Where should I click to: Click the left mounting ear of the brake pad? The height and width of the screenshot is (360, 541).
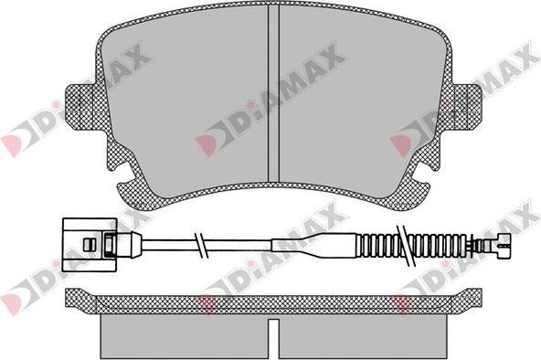(x=81, y=106)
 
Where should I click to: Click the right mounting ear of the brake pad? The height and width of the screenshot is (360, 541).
(x=466, y=106)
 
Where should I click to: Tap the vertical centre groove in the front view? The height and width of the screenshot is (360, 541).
(x=273, y=94)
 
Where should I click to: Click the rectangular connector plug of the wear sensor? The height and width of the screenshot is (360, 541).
(x=90, y=245)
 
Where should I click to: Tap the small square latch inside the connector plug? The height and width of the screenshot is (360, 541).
(x=89, y=245)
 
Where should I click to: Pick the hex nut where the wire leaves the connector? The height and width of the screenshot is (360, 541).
(x=109, y=245)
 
